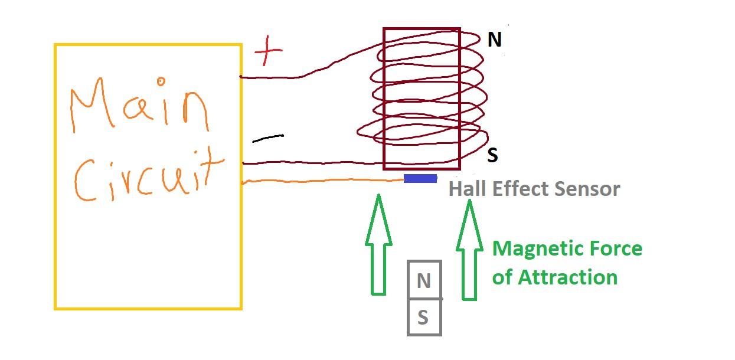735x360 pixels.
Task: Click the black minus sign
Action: (268, 138)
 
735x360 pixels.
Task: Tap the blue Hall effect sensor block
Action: (420, 179)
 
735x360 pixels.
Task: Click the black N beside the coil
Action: (495, 40)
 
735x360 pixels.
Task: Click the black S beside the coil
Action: (492, 155)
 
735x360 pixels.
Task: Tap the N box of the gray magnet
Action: (424, 280)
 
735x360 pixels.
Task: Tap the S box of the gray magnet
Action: (424, 317)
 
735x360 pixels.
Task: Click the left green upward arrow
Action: (378, 244)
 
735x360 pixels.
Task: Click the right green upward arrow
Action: (469, 250)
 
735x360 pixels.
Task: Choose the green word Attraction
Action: (568, 277)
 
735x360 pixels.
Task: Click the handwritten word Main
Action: (139, 105)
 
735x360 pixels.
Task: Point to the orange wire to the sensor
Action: (323, 181)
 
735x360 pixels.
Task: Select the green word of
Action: (502, 277)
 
